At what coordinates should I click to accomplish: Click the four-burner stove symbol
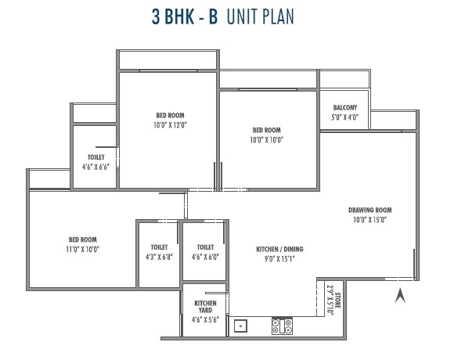coord(282,326)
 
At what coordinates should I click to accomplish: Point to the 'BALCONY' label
coord(345,107)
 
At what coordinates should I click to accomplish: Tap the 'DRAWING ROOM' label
coord(369,210)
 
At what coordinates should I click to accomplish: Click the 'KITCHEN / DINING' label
coord(279,249)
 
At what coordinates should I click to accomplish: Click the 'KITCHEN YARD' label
coord(205,307)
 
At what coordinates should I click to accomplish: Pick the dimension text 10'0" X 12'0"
coord(171,124)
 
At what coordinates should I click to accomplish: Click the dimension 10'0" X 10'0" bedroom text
coord(266,140)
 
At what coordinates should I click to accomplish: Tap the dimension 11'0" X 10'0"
coord(82,249)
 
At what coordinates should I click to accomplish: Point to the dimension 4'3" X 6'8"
coord(159,256)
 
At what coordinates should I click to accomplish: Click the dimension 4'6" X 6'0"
coord(205,256)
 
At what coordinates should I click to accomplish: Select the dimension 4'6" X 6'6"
coord(96,166)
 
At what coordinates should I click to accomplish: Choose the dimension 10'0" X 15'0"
coord(369,220)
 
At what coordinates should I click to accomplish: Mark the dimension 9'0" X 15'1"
coord(279,259)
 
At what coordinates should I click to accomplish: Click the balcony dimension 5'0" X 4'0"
coord(345,117)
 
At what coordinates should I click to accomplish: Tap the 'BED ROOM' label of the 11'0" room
coord(82,239)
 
